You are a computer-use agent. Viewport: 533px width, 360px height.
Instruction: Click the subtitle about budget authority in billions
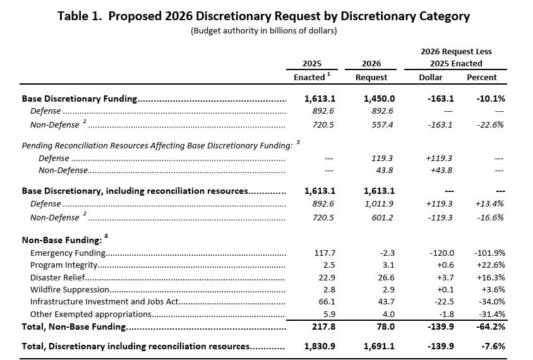click(x=264, y=30)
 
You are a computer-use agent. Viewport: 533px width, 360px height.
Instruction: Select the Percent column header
click(x=482, y=77)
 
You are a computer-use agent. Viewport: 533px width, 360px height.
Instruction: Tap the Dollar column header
click(x=430, y=77)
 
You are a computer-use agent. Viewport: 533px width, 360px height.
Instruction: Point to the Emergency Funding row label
click(x=68, y=253)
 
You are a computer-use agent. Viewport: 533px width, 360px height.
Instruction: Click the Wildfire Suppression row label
click(x=69, y=290)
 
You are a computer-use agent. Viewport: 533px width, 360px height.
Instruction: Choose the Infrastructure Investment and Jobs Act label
click(x=104, y=301)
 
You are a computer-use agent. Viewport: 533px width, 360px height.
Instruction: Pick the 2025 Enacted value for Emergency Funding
click(x=325, y=253)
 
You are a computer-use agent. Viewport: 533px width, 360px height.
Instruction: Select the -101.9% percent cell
click(x=489, y=253)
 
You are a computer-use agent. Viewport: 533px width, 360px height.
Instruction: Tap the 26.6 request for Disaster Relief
click(x=386, y=277)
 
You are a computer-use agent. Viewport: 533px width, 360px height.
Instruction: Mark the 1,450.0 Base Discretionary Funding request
click(x=379, y=99)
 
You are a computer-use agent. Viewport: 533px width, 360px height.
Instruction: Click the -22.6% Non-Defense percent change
click(x=490, y=125)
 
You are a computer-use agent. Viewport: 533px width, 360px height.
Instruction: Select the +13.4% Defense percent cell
click(x=489, y=203)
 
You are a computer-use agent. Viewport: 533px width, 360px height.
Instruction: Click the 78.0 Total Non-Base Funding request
click(x=385, y=327)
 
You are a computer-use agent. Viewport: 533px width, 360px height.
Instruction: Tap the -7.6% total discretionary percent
click(x=493, y=346)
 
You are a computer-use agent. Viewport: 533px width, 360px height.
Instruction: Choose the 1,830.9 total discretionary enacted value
click(x=320, y=346)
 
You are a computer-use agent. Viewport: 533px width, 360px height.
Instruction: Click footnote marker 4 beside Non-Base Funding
click(x=106, y=236)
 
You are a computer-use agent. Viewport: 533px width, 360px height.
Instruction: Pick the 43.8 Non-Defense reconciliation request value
click(x=385, y=171)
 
